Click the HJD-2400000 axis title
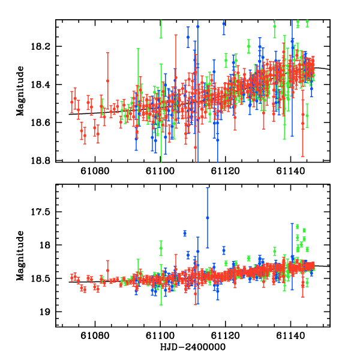193,347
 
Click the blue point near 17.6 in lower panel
208,218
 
